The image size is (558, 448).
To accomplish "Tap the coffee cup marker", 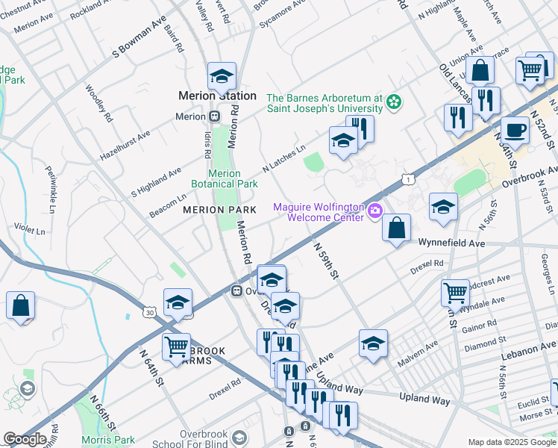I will coord(515,129).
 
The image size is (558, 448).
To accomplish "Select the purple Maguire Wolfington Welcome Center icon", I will coord(375,213).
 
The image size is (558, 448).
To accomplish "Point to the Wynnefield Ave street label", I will coord(452,243).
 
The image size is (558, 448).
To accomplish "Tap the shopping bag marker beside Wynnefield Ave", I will coord(397,227).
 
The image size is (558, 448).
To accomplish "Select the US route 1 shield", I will coord(407,179).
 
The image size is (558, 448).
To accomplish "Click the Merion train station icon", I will coord(214,116).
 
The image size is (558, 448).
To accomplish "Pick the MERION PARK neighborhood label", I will coord(219,210).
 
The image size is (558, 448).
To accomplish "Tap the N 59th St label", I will coord(326,260).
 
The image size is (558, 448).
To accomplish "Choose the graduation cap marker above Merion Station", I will coord(222,75).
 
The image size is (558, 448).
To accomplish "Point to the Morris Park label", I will coord(109,441).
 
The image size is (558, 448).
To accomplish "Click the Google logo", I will coord(25,439).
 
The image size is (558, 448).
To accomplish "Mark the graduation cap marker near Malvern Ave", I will coord(373,343).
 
